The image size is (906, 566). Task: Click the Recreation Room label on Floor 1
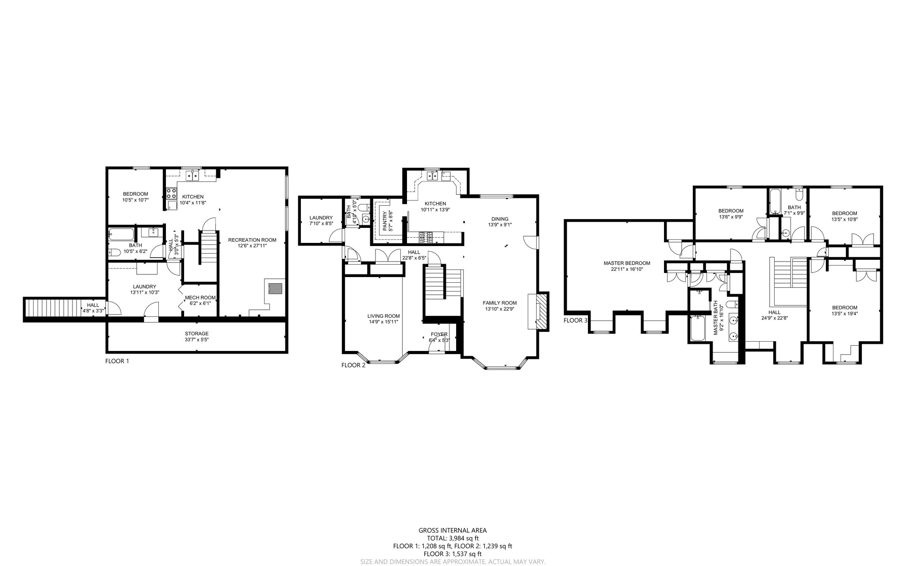pyautogui.click(x=252, y=243)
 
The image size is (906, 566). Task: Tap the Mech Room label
pyautogui.click(x=200, y=300)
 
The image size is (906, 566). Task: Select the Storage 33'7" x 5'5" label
pyautogui.click(x=196, y=336)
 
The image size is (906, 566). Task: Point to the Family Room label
pyautogui.click(x=499, y=306)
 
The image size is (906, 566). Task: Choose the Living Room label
pyautogui.click(x=384, y=319)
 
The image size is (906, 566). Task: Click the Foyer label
pyautogui.click(x=439, y=337)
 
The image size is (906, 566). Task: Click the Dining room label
pyautogui.click(x=500, y=221)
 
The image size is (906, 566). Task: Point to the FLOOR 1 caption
pyautogui.click(x=117, y=361)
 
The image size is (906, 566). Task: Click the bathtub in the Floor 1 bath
pyautogui.click(x=121, y=234)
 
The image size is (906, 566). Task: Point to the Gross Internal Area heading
pyautogui.click(x=453, y=530)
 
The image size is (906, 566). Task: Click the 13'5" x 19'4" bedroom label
pyautogui.click(x=845, y=310)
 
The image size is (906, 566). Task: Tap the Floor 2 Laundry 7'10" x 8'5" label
pyautogui.click(x=321, y=220)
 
